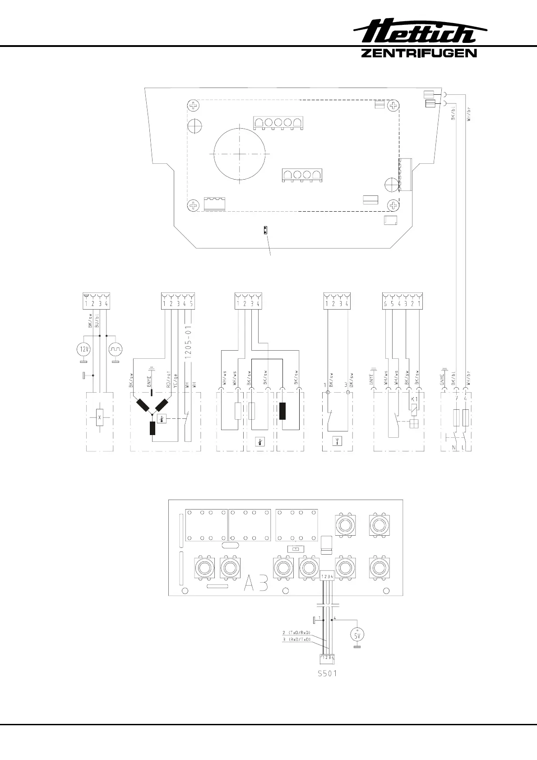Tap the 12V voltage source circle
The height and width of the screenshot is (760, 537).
83,349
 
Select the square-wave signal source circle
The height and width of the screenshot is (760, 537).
116,349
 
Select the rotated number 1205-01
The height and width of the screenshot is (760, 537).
188,342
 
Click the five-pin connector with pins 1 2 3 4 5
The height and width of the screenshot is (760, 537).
178,301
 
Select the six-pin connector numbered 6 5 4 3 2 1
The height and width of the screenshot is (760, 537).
402,301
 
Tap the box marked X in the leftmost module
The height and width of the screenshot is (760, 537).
100,417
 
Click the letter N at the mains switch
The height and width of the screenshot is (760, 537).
454,448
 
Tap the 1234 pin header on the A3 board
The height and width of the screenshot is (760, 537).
327,576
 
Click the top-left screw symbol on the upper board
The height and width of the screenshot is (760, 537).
194,107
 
